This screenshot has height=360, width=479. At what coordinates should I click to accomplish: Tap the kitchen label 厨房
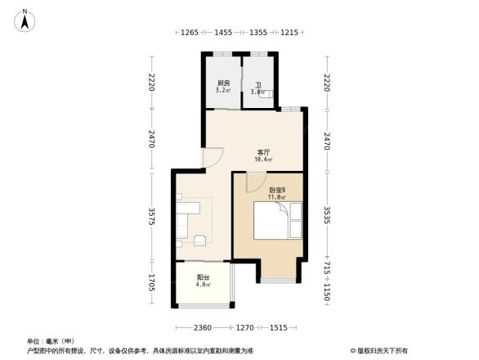click(223, 83)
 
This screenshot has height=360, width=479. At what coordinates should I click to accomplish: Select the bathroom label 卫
click(257, 85)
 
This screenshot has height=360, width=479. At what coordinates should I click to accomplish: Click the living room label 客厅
click(263, 152)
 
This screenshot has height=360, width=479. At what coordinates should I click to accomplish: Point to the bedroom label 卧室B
click(277, 190)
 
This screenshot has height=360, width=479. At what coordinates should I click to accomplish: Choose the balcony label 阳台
click(202, 277)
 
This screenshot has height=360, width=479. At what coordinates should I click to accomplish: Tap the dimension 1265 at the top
click(190, 33)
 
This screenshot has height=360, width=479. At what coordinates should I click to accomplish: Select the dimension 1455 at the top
click(223, 33)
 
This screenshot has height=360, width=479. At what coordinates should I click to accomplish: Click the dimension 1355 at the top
click(257, 33)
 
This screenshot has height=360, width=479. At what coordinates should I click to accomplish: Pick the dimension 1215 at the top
click(289, 33)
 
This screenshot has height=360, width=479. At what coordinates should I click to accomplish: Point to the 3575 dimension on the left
click(150, 217)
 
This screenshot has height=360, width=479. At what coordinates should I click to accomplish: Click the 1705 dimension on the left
click(150, 285)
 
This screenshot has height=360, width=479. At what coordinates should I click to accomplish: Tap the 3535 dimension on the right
click(327, 217)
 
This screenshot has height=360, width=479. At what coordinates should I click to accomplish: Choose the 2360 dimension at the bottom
click(203, 327)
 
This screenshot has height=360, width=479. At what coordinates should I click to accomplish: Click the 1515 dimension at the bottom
click(278, 327)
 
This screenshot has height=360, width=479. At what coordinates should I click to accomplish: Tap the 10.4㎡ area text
click(263, 160)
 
